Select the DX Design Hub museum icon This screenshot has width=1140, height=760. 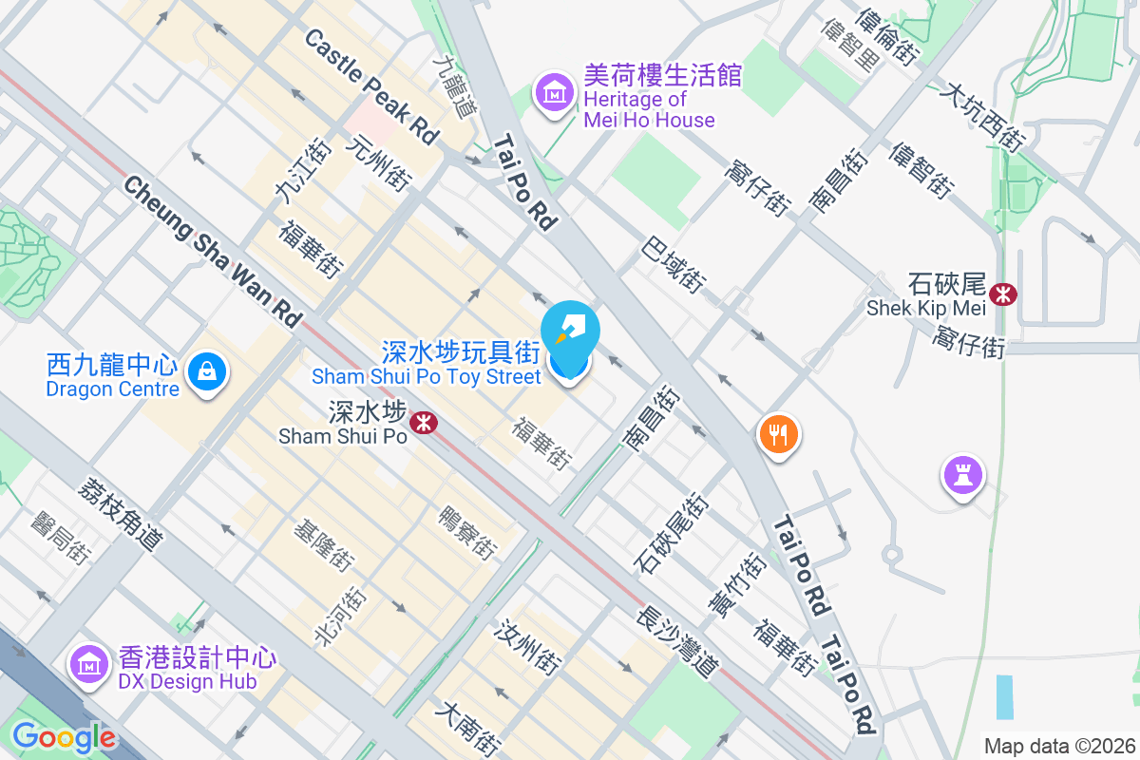click(89, 663)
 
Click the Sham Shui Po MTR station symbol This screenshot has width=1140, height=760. click(424, 421)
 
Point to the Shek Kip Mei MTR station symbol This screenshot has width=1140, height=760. click(1002, 294)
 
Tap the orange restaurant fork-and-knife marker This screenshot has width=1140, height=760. click(779, 435)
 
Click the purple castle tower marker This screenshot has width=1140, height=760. click(963, 474)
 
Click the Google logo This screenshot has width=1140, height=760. click(64, 737)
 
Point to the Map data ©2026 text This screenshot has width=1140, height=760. click(1059, 746)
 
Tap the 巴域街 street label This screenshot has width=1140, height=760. click(674, 264)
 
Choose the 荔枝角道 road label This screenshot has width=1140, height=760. click(121, 512)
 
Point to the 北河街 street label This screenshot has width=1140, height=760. click(343, 614)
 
